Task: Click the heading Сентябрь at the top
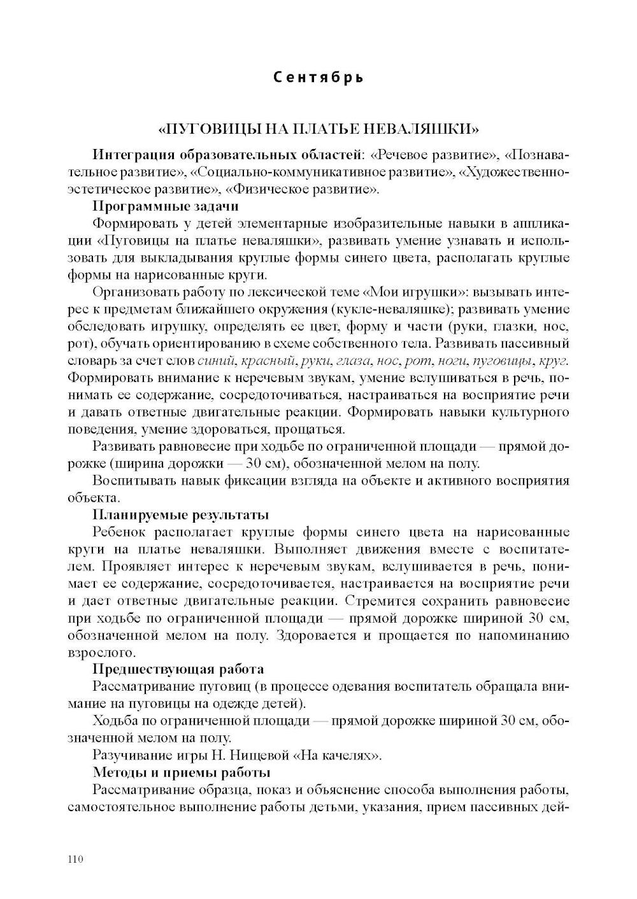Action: pyautogui.click(x=318, y=78)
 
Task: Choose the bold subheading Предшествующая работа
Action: pyautogui.click(x=178, y=669)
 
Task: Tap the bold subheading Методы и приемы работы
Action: pyautogui.click(x=182, y=772)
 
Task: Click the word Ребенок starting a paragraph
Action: pyautogui.click(x=121, y=532)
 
